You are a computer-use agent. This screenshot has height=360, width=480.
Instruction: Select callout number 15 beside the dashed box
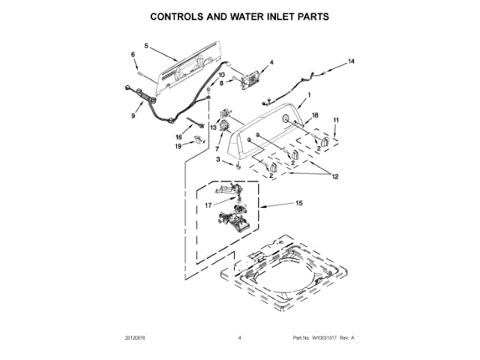pos(298,203)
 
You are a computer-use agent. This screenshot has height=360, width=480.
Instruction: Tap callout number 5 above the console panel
pos(146,46)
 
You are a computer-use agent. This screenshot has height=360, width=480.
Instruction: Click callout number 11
pos(336,120)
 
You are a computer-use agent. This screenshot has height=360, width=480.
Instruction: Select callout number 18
pos(315,115)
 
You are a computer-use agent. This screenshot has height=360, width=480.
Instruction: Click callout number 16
pos(178,137)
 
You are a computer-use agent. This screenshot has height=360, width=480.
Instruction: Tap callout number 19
pos(178,147)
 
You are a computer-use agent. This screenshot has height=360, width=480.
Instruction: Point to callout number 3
pos(218,160)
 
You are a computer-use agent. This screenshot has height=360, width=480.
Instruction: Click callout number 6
pos(133,55)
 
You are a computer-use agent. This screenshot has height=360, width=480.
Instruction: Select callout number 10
pos(221,75)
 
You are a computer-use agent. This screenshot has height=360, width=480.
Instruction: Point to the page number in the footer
pos(239,338)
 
